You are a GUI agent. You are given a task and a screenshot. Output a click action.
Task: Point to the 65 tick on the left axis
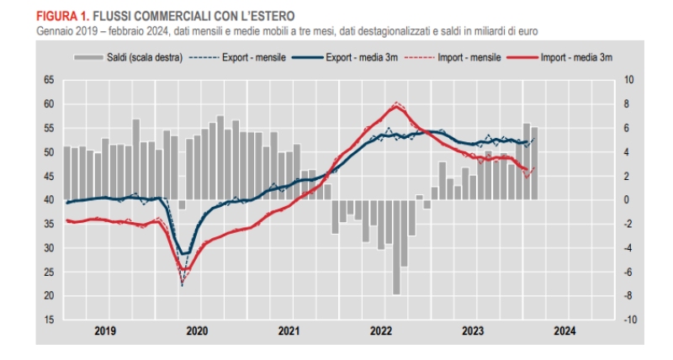pos(48,80)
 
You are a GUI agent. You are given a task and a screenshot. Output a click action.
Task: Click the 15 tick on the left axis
pos(48,320)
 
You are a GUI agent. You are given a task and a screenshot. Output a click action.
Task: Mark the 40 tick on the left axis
pos(48,200)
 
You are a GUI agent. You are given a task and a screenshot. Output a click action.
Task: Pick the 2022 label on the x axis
pos(381,331)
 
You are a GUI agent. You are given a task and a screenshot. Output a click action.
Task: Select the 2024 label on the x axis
pos(564,331)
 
